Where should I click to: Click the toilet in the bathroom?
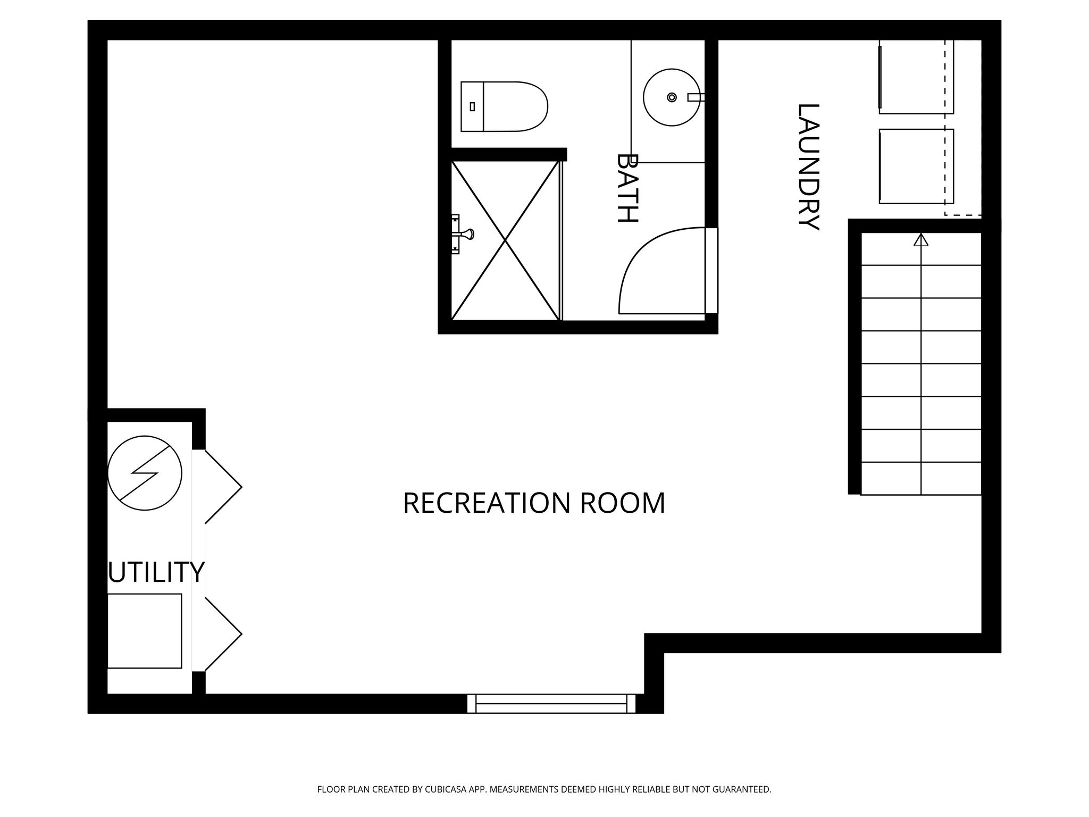click(504, 106)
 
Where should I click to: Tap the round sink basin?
click(672, 97)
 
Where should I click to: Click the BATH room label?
click(627, 188)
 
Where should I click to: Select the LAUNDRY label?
click(808, 166)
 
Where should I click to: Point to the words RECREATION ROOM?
click(534, 503)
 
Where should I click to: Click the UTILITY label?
click(156, 572)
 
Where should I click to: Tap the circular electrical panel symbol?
click(145, 473)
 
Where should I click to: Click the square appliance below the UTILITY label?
click(145, 631)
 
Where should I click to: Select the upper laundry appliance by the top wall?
click(916, 77)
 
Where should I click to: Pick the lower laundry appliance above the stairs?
click(916, 166)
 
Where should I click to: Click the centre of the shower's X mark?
click(505, 241)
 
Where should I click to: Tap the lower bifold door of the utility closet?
click(224, 634)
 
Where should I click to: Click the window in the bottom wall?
click(551, 703)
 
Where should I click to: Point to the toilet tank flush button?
click(472, 106)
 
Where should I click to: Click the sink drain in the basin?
click(672, 97)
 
